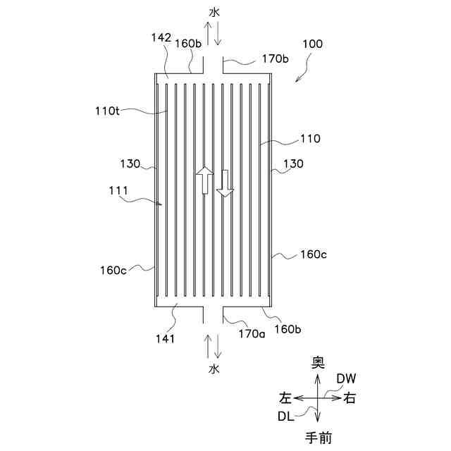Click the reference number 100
point(312,44)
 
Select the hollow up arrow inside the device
point(204,180)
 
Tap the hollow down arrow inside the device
point(225,183)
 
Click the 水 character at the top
point(214,11)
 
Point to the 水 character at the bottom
point(214,369)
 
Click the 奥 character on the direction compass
point(319,362)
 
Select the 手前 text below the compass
point(319,438)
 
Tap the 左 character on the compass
point(285,398)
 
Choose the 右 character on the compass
point(350,398)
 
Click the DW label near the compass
point(346,378)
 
